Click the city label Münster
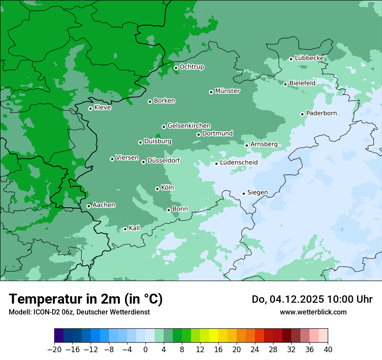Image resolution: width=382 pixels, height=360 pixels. (227, 91)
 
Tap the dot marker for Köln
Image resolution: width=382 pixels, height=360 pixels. (157, 189)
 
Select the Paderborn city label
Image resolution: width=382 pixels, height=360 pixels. (321, 113)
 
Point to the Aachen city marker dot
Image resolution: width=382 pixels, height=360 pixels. (89, 206)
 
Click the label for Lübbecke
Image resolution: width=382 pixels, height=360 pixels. (309, 58)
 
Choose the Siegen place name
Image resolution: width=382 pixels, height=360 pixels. (257, 193)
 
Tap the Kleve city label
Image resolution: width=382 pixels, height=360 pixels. (102, 108)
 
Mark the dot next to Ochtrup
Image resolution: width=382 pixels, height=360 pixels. (176, 68)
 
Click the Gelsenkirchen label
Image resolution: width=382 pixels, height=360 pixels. (189, 126)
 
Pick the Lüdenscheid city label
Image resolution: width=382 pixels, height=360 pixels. (239, 163)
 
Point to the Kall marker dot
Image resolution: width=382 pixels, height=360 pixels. (125, 229)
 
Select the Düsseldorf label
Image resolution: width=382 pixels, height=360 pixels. (163, 160)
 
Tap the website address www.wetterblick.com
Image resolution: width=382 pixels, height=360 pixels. (313, 312)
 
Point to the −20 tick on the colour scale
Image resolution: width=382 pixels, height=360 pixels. (54, 350)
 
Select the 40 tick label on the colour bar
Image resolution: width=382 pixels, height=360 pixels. (328, 350)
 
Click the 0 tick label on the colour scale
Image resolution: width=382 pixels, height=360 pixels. (145, 350)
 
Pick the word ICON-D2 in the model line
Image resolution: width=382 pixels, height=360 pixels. (45, 312)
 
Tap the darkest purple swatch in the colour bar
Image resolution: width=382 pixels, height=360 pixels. (59, 336)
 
